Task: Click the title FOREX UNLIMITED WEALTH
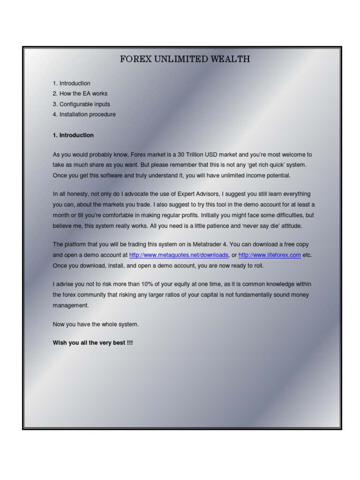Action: (x=185, y=59)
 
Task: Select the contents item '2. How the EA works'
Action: (x=80, y=94)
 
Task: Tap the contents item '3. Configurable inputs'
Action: (x=82, y=104)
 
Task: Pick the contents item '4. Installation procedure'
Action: (x=84, y=114)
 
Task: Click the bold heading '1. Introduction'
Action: (x=73, y=135)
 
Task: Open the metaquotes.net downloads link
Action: (x=179, y=255)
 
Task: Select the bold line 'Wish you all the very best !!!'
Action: (x=93, y=343)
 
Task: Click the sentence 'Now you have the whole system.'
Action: (x=96, y=324)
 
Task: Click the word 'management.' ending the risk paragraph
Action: (x=70, y=306)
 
